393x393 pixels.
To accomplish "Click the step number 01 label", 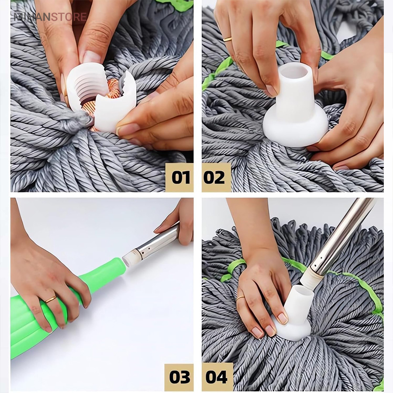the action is (180, 178).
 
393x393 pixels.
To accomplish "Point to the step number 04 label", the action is (217, 377).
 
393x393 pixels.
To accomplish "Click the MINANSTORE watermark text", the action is (50, 17).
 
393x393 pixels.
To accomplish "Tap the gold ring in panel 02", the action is (228, 39).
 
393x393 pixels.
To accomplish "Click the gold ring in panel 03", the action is (51, 299).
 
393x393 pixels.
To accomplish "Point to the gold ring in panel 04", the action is (240, 298).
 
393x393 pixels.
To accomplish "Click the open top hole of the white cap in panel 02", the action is (295, 72).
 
